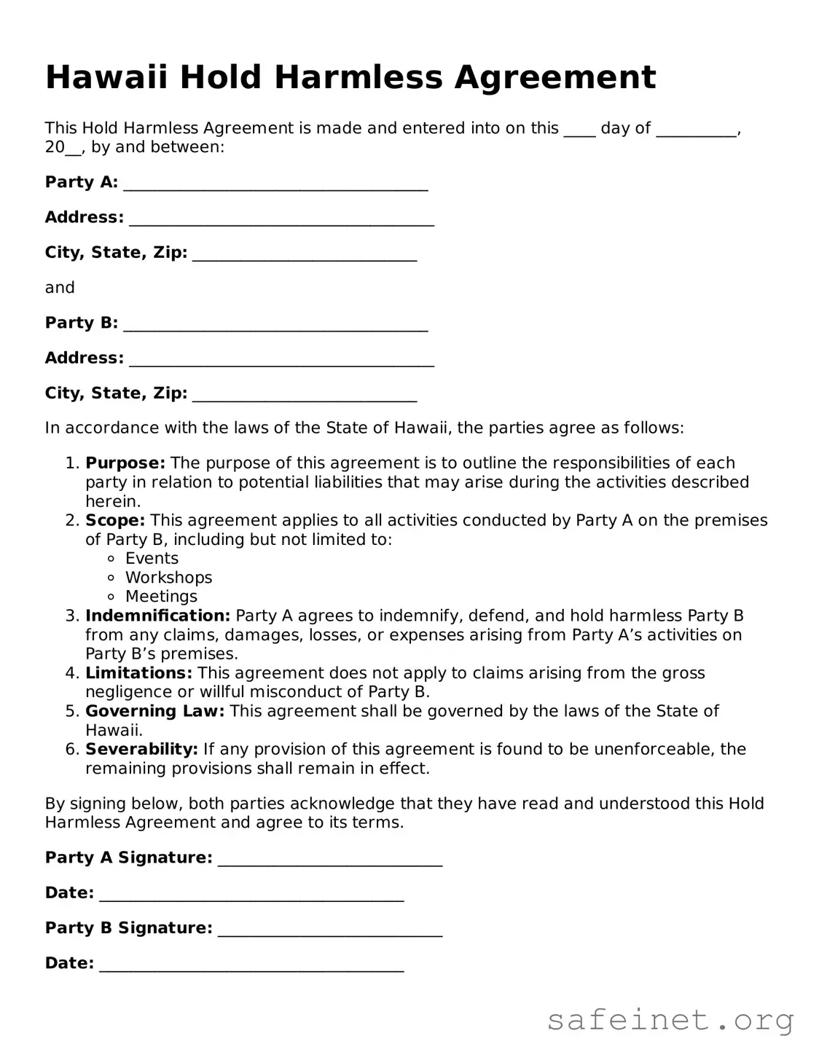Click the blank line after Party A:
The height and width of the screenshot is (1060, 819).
click(275, 184)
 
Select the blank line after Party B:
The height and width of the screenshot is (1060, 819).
click(275, 324)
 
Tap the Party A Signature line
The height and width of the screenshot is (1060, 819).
click(330, 860)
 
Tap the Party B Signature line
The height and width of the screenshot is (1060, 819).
click(330, 930)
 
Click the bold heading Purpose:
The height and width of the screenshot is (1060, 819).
click(125, 463)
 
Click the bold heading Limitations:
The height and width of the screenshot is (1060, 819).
click(138, 673)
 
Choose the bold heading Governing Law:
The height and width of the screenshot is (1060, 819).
click(154, 711)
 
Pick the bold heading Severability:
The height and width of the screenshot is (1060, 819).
click(141, 749)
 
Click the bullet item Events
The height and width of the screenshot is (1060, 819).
click(152, 559)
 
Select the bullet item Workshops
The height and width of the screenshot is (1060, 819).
click(168, 578)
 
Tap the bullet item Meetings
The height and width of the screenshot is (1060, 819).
click(161, 597)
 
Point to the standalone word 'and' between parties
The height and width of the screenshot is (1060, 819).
click(60, 288)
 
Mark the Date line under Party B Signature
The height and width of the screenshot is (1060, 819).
click(251, 965)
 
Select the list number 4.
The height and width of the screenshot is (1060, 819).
click(71, 673)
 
